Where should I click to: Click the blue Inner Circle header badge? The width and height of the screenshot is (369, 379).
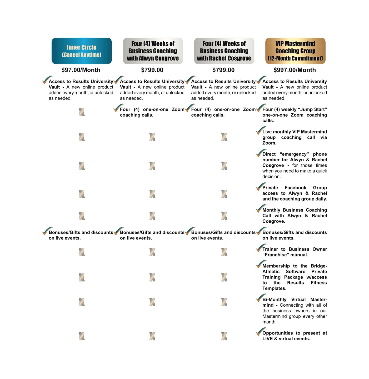click(x=82, y=51)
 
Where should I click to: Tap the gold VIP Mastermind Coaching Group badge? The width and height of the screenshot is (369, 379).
click(x=295, y=51)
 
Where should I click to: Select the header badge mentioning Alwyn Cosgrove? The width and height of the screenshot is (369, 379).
click(x=153, y=51)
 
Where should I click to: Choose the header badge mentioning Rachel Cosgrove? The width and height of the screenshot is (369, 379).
click(x=224, y=51)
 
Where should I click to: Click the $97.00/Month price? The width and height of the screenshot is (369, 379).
click(x=81, y=70)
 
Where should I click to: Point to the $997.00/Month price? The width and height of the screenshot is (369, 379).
click(x=295, y=70)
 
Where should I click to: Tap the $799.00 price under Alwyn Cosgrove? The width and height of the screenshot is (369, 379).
click(x=152, y=70)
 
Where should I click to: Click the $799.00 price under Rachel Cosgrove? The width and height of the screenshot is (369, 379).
click(x=223, y=70)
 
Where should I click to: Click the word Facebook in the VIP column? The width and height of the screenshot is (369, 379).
click(x=295, y=188)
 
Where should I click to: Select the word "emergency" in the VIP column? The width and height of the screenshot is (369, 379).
click(x=294, y=154)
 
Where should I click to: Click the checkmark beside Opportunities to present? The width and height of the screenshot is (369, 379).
click(x=261, y=332)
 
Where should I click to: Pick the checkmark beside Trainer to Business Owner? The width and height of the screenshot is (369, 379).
click(x=261, y=248)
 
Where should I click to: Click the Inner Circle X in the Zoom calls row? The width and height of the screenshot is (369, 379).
click(x=82, y=112)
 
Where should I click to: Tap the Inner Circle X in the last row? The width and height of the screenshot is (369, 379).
click(x=82, y=336)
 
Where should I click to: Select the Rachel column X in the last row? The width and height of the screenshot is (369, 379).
click(x=224, y=336)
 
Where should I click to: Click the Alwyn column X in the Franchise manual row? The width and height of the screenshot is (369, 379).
click(x=152, y=252)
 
